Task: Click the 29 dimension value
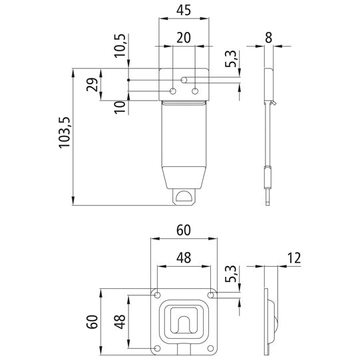(93, 85)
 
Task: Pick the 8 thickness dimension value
(268, 38)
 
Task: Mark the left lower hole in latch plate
(173, 90)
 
